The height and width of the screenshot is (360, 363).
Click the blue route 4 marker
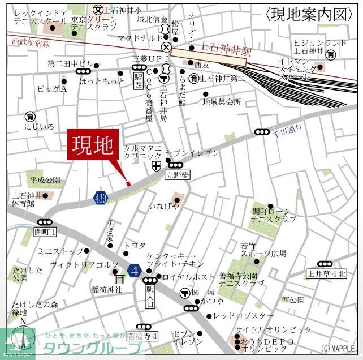134,271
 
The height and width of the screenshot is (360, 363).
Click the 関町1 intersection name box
45,232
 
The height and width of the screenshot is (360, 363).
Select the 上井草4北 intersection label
326,274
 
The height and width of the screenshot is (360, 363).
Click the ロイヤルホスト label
189,277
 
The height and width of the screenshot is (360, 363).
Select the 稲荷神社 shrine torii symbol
119,278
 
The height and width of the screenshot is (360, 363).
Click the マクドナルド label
139,38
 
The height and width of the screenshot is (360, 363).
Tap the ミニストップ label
60,251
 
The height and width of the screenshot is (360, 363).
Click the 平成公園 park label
45,181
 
